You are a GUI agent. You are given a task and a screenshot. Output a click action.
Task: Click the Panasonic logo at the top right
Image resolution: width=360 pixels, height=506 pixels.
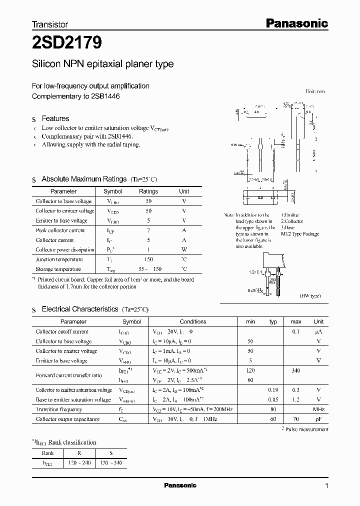pyautogui.click(x=295, y=23)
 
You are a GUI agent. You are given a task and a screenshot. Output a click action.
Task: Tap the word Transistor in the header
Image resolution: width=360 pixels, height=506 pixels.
pyautogui.click(x=50, y=24)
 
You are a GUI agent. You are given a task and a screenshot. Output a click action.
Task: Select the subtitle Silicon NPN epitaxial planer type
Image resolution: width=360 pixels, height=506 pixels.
pyautogui.click(x=102, y=64)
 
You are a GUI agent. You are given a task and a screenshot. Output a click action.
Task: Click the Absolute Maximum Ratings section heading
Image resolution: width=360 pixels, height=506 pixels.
pyautogui.click(x=84, y=179)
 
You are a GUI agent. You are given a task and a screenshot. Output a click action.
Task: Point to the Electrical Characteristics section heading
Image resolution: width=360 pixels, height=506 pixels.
pyautogui.click(x=80, y=309)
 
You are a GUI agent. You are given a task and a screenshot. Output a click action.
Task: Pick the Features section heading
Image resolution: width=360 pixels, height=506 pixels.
pyautogui.click(x=55, y=118)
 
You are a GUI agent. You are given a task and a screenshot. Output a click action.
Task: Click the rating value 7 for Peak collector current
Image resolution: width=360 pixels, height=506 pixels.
pyautogui.click(x=148, y=230)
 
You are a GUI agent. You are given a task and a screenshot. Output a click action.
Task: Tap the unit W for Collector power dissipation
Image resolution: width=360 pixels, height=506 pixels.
pyautogui.click(x=184, y=250)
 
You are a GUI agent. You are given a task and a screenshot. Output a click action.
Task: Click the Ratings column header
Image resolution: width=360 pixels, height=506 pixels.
pyautogui.click(x=148, y=191)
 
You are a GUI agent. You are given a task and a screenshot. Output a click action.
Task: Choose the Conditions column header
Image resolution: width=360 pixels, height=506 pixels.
pyautogui.click(x=193, y=321)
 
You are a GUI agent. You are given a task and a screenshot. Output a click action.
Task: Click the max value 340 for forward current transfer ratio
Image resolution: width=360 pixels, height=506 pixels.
pyautogui.click(x=295, y=370)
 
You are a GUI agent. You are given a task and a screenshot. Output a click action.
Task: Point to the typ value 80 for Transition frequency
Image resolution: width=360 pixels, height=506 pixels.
pyautogui.click(x=273, y=409)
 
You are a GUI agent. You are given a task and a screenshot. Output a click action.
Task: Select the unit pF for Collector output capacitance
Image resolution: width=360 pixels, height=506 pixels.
pyautogui.click(x=318, y=419)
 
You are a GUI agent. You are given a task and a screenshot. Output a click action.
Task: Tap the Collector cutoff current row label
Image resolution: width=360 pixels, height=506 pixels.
pyautogui.click(x=62, y=331)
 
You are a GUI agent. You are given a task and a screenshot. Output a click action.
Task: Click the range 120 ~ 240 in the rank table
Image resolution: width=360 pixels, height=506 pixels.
pyautogui.click(x=79, y=463)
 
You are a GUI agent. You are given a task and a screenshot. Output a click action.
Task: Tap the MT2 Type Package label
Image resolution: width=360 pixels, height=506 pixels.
pyautogui.click(x=299, y=234)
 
